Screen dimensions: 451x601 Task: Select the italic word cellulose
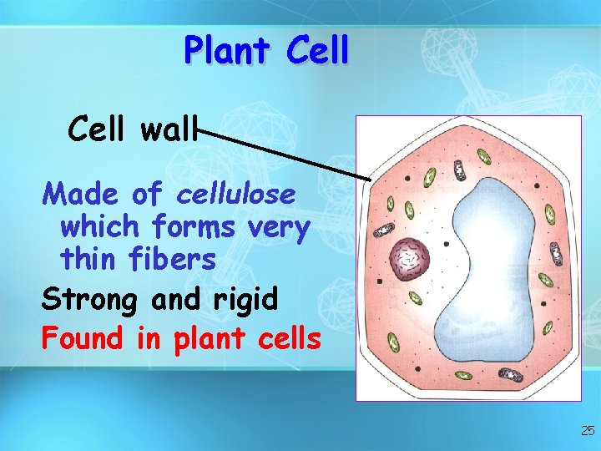(236, 195)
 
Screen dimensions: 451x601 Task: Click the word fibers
(174, 260)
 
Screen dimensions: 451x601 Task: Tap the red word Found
(83, 338)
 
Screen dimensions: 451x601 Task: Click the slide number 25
(587, 431)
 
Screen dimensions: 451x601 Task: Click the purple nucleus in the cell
(410, 257)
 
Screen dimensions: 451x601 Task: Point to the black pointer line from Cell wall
(284, 155)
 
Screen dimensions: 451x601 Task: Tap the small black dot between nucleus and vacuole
(447, 244)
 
